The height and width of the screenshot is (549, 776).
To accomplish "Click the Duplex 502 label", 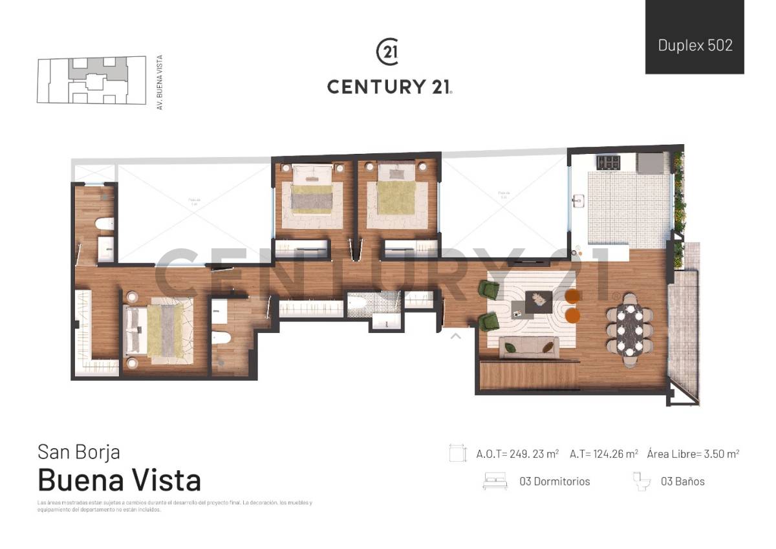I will click(x=695, y=45).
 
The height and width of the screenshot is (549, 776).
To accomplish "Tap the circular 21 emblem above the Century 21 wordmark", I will click(x=387, y=52).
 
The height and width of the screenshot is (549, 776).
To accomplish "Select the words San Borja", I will click(x=79, y=451).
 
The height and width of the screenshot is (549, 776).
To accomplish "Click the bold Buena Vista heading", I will click(x=120, y=480).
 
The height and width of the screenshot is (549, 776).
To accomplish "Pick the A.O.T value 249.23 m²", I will click(x=517, y=454).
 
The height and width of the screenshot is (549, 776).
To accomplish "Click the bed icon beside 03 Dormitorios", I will click(x=495, y=482).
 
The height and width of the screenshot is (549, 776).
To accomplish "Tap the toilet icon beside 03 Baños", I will click(x=641, y=482).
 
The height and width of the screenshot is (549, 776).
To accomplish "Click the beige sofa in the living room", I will click(x=528, y=348).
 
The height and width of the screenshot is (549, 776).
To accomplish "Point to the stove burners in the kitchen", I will click(x=607, y=162).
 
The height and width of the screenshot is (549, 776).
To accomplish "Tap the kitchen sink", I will click(x=577, y=202).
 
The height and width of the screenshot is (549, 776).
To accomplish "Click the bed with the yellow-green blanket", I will click(x=396, y=194).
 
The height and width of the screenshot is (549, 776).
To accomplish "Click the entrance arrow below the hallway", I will click(x=455, y=336).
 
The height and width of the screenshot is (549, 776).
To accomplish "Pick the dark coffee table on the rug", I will click(x=538, y=300).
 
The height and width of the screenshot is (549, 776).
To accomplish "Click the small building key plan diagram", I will click(x=91, y=80).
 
